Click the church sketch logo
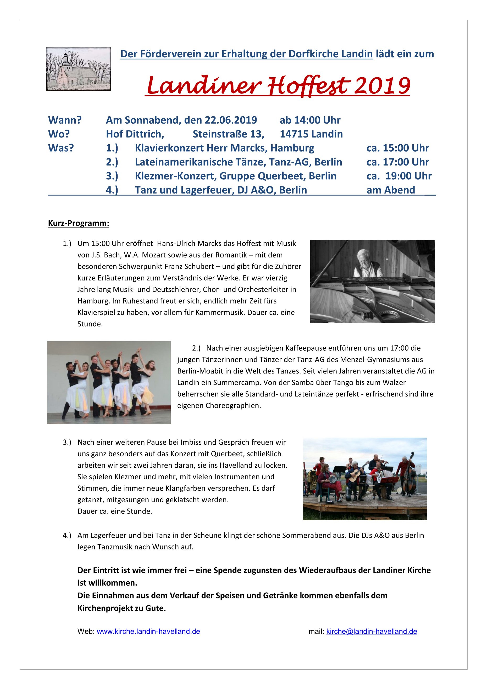[78, 69]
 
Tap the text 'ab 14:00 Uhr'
[310, 120]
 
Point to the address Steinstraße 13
[228, 134]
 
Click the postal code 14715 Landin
[311, 134]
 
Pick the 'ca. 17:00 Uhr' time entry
[397, 162]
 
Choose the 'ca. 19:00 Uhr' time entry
[399, 176]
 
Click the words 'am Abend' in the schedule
[391, 190]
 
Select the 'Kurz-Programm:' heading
[79, 223]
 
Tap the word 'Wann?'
[65, 120]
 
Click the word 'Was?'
[61, 148]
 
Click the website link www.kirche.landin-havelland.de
[148, 631]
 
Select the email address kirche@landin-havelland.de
[372, 631]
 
